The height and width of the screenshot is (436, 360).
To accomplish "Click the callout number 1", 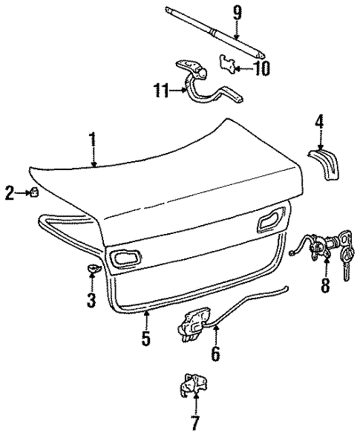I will coord(93,139).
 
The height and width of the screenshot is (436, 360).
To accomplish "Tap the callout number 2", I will coord(9,195).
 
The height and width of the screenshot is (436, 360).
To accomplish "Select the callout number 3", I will coord(92,301).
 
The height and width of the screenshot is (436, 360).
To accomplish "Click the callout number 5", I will coord(146,339).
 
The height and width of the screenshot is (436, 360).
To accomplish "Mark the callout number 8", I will coord(324,285).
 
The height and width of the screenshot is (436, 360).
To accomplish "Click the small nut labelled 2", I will coord(34,194).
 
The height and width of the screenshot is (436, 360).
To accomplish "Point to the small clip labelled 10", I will coord(230,64).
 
